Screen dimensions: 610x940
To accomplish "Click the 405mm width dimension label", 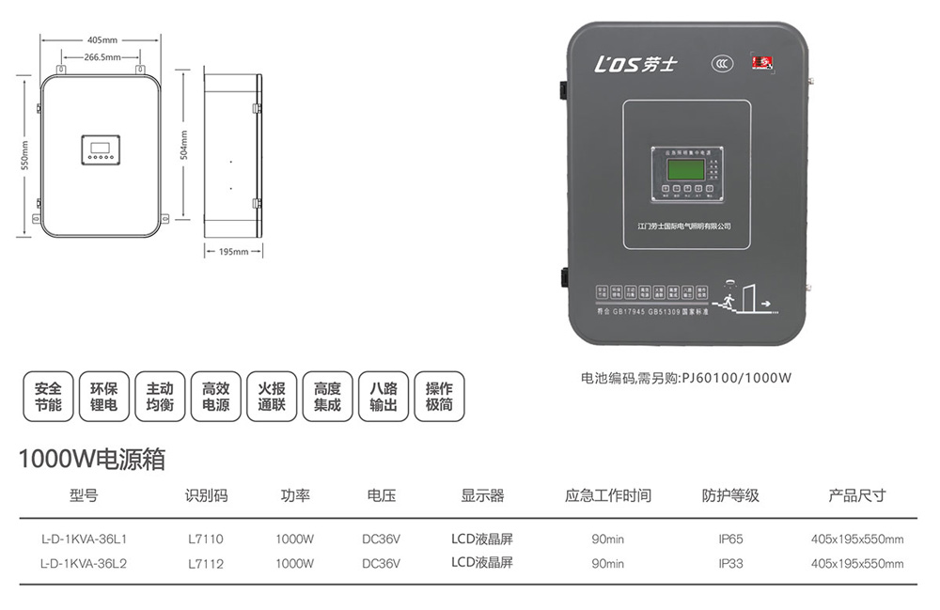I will coord(102,40).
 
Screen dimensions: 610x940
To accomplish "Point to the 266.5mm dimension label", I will coord(102,57).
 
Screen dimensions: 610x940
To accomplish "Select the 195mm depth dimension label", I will coord(233,252).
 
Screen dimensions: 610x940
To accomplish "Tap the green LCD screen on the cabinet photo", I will coord(686,169).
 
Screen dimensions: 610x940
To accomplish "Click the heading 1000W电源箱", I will coord(92,459).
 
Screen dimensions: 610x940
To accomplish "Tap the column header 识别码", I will coord(207,495).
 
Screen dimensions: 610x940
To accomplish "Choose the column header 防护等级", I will coord(730,495).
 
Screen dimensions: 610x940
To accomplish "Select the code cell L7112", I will coord(206,563).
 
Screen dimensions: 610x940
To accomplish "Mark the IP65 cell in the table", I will coord(730,540).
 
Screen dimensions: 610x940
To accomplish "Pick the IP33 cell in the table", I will coord(730,563).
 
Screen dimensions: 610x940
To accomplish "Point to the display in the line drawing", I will coord(99,149).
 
